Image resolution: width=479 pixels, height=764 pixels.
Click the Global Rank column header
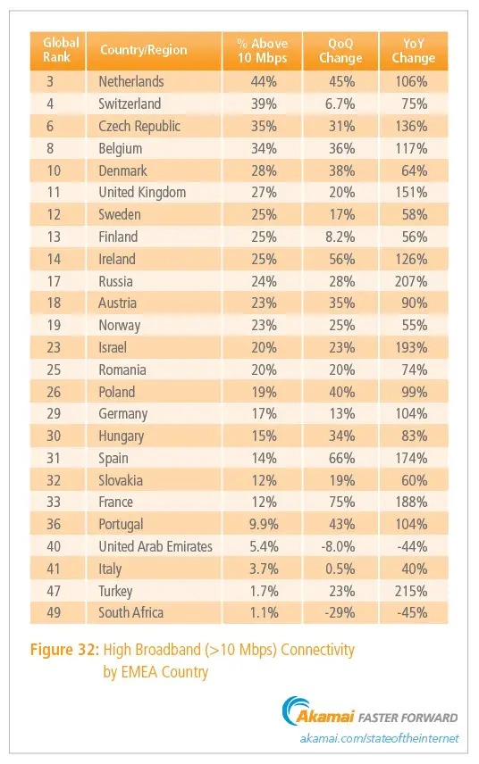pos(61,50)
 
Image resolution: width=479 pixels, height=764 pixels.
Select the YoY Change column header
pos(413,51)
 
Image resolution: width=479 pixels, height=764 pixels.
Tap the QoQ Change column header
pos(340,51)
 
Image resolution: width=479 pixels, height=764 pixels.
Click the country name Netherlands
pos(131,81)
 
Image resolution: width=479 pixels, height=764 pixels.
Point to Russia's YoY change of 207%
pos(411,281)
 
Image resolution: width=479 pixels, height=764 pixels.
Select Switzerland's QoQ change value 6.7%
pos(341,104)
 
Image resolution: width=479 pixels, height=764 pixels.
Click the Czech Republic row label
pos(139,126)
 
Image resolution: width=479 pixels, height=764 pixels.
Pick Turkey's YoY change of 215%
pos(411,591)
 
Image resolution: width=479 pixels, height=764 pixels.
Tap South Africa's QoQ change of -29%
pos(340,612)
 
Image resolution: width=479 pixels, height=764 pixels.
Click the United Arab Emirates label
pos(155,546)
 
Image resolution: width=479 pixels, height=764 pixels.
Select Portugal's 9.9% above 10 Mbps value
pos(264,524)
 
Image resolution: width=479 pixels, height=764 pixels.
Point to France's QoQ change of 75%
pos(341,502)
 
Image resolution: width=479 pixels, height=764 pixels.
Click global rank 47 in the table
pos(54,591)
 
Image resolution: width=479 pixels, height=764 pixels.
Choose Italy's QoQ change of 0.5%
pos(341,569)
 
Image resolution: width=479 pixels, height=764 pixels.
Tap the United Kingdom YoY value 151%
pos(411,193)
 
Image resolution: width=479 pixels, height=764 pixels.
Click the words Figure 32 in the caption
pos(64,650)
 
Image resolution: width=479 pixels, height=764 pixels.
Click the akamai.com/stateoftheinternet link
pos(379,739)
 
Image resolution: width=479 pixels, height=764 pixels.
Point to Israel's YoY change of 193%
pos(411,347)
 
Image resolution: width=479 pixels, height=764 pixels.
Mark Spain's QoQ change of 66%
pos(341,458)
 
